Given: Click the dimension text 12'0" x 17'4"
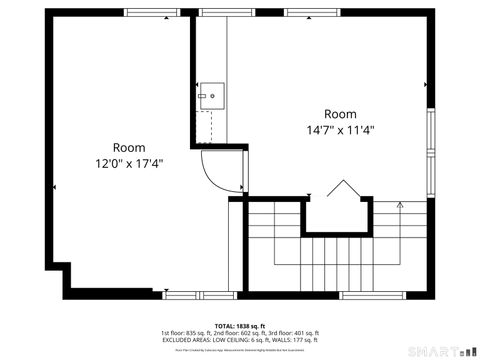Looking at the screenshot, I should [x=129, y=162].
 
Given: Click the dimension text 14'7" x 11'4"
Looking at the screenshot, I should [x=340, y=129].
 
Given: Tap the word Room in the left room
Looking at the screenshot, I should [x=129, y=146].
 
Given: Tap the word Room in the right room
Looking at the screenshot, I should [x=340, y=113].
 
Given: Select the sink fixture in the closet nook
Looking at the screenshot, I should [x=211, y=97].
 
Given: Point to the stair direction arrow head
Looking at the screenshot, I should [x=399, y=205].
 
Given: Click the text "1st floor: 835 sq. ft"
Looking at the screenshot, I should [x=184, y=333].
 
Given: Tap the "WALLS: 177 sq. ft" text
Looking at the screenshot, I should [x=291, y=340].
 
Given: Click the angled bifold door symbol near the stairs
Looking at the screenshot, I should [x=343, y=190].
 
